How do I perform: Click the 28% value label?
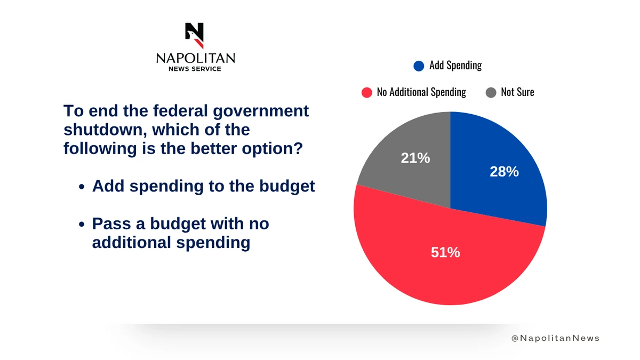(504, 172)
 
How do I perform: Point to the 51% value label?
(445, 252)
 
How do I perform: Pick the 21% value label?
(415, 158)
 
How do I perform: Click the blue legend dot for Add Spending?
(419, 66)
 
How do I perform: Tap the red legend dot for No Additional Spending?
(366, 93)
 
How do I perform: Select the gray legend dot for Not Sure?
(491, 93)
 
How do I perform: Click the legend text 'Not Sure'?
(517, 92)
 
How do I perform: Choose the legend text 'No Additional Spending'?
(421, 92)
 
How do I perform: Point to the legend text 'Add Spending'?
(455, 66)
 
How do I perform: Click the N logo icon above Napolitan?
(195, 35)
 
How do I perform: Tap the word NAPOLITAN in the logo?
(195, 58)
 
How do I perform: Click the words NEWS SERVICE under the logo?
(195, 69)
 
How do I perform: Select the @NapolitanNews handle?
(555, 338)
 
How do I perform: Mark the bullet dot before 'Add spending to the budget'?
(81, 187)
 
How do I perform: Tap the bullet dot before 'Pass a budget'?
(81, 225)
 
